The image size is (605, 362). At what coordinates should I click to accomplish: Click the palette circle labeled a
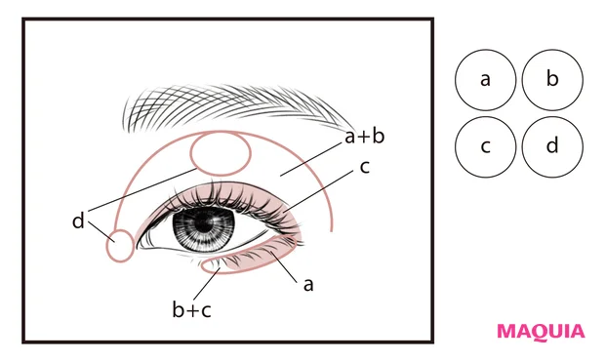pyautogui.click(x=485, y=79)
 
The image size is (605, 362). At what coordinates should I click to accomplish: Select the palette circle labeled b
pyautogui.click(x=552, y=79)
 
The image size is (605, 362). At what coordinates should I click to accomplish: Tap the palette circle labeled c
pyautogui.click(x=485, y=145)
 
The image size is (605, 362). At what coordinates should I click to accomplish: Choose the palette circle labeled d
pyautogui.click(x=552, y=145)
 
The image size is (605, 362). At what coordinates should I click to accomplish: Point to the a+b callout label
pyautogui.click(x=364, y=136)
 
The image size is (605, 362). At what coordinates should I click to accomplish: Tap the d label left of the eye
pyautogui.click(x=78, y=221)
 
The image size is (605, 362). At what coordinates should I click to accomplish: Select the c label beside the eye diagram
pyautogui.click(x=364, y=167)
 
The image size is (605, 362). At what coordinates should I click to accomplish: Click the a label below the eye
pyautogui.click(x=308, y=284)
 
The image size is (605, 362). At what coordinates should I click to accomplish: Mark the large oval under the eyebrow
pyautogui.click(x=221, y=153)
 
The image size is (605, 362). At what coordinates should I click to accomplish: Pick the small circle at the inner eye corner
pyautogui.click(x=119, y=246)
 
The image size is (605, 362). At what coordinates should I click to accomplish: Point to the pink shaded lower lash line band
pyautogui.click(x=268, y=258)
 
